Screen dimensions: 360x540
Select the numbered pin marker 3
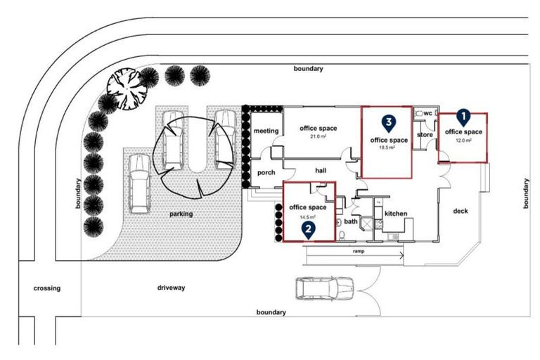pos(388,123)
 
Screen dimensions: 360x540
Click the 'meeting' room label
pos(266,131)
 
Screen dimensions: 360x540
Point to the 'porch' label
pos(266,172)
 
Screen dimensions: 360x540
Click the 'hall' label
pos(322,169)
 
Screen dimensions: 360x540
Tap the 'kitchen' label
pos(396,213)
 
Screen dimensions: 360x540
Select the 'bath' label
pos(352,221)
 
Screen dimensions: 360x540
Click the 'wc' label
pos(427,113)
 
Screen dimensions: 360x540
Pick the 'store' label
pos(425,134)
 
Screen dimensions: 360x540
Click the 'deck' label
pos(461,211)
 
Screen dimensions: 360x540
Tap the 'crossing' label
pos(47,288)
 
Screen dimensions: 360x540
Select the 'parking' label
pos(181,214)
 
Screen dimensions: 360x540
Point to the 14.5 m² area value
pos(308,216)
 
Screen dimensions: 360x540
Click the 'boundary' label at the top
pos(309,69)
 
